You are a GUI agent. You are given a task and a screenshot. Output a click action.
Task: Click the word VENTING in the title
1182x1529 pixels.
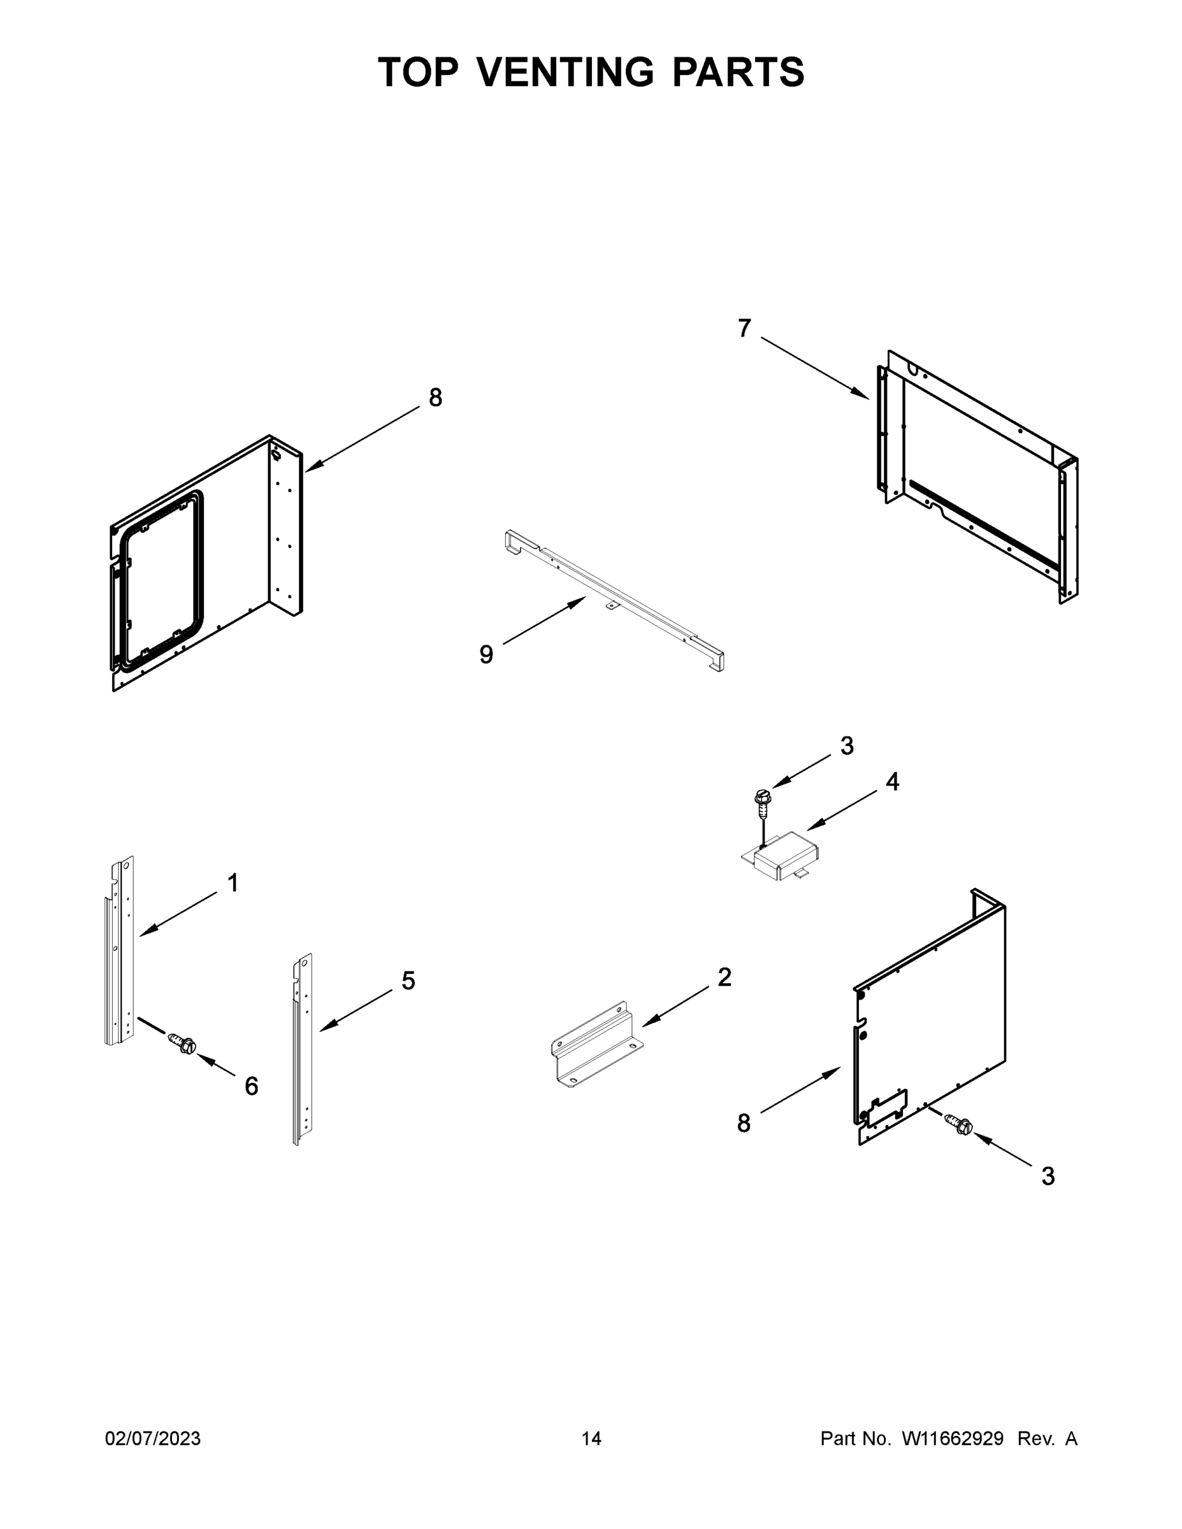tap(566, 71)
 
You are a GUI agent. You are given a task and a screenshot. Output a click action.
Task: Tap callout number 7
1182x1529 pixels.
tap(744, 327)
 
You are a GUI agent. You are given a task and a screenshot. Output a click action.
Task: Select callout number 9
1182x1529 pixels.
tap(486, 654)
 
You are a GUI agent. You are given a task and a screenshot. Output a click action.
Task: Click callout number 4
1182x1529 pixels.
tap(892, 781)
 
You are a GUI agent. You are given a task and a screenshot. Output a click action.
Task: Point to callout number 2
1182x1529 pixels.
tap(724, 977)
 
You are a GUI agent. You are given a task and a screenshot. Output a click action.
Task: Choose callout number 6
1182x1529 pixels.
tap(252, 1086)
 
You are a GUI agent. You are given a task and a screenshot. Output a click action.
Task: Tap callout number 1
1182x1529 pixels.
tap(233, 883)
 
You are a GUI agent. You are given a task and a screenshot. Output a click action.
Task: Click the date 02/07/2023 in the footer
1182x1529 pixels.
tap(153, 1439)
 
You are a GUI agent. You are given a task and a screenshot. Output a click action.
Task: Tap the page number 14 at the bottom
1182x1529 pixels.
tap(591, 1439)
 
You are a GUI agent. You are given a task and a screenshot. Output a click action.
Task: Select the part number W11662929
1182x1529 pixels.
tap(953, 1439)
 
